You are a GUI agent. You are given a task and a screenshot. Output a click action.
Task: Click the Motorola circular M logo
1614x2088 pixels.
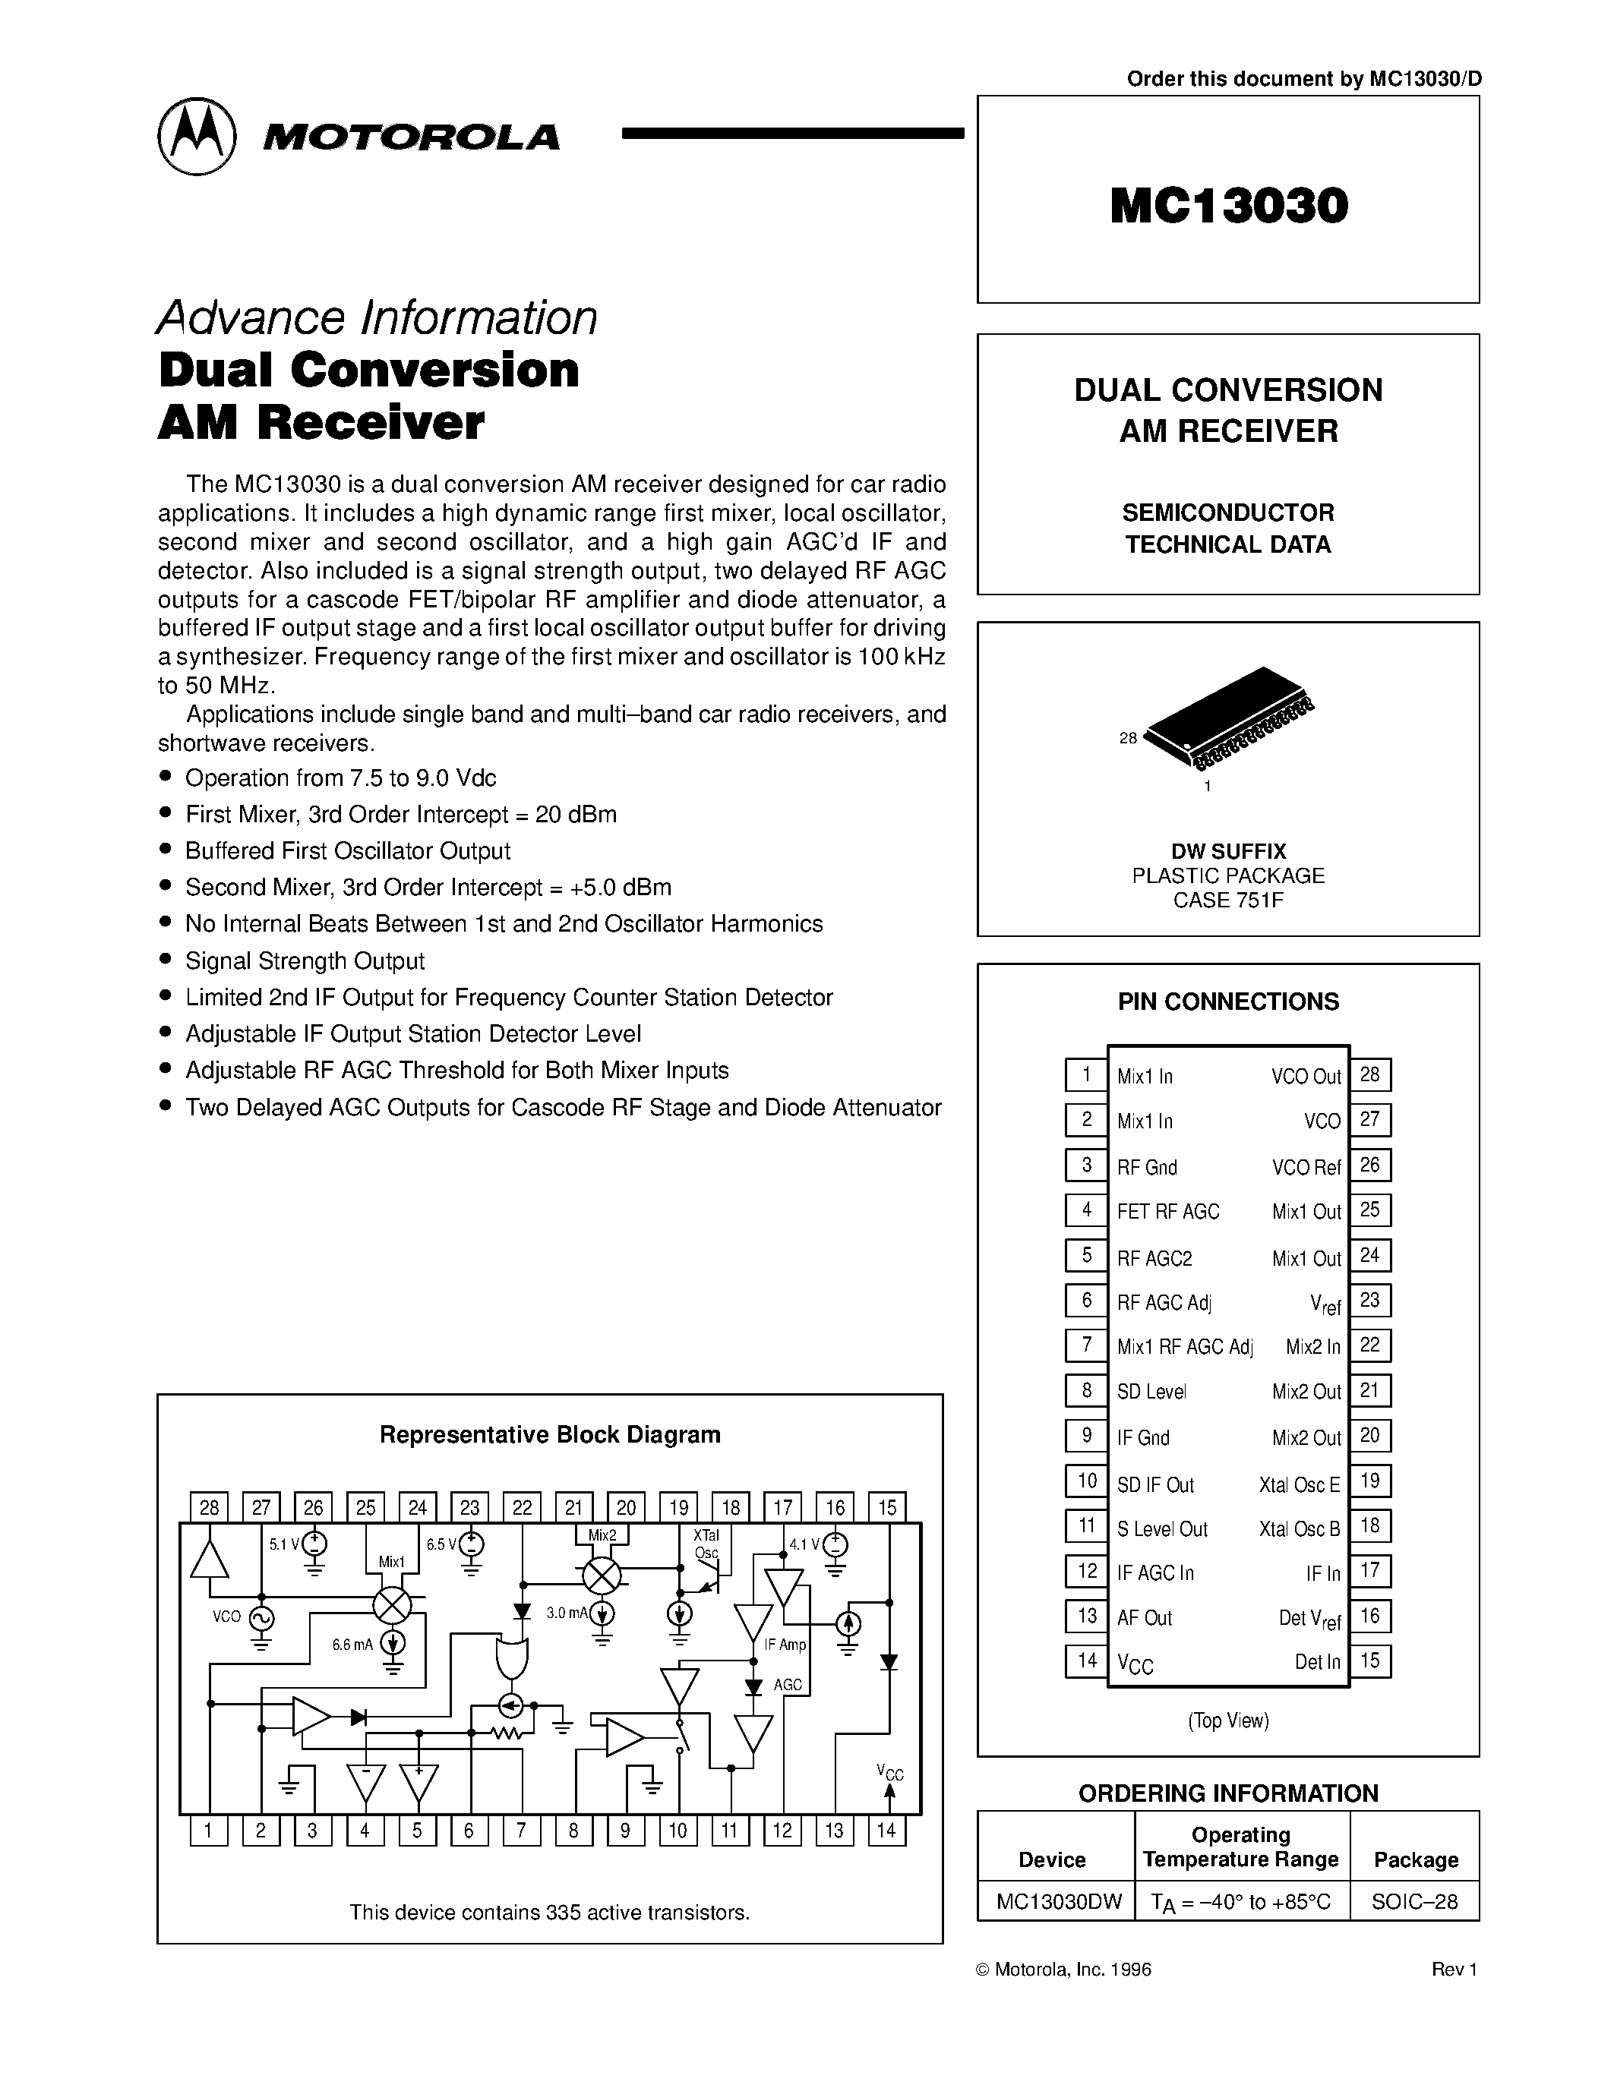pyautogui.click(x=196, y=136)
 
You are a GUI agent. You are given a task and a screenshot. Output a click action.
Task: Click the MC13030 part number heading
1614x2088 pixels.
pyautogui.click(x=1229, y=206)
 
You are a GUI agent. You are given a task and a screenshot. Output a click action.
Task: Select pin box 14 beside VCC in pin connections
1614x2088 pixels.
pyautogui.click(x=1086, y=1661)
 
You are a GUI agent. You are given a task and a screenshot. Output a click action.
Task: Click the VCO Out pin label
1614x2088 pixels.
pyautogui.click(x=1306, y=1077)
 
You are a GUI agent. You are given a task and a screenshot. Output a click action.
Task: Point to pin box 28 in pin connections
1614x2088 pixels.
pyautogui.click(x=1370, y=1074)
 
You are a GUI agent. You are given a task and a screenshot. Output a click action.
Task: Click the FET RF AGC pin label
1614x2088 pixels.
pyautogui.click(x=1168, y=1211)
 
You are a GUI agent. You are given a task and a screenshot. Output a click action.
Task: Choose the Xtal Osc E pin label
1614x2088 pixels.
pyautogui.click(x=1300, y=1484)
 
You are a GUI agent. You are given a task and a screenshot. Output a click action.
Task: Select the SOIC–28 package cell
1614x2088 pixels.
pyautogui.click(x=1414, y=1901)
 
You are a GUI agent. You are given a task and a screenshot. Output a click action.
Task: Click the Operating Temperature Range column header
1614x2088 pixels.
pyautogui.click(x=1240, y=1847)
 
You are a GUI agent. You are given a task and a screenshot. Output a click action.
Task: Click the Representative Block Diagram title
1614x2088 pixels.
pyautogui.click(x=550, y=1434)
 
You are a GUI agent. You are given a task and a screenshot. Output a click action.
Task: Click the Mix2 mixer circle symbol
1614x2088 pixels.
pyautogui.click(x=602, y=1575)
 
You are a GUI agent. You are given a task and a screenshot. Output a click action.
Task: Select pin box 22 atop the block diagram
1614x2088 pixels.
pyautogui.click(x=522, y=1508)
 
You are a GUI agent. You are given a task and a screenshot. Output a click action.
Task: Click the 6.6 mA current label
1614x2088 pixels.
pyautogui.click(x=352, y=1645)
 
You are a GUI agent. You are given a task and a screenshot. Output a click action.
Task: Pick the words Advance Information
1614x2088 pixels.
pyautogui.click(x=377, y=317)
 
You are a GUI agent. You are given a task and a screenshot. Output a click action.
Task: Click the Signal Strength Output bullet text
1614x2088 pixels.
pyautogui.click(x=305, y=960)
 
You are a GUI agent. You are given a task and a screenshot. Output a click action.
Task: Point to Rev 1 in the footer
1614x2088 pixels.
pyautogui.click(x=1454, y=1970)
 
